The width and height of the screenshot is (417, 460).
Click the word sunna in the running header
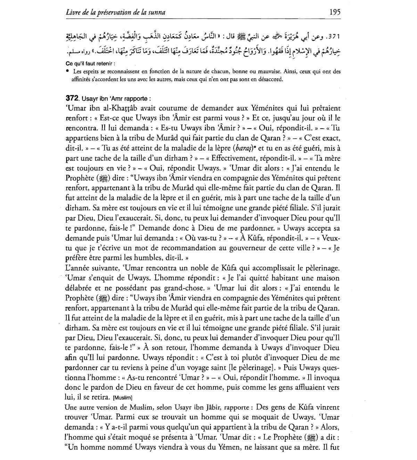click(156, 13)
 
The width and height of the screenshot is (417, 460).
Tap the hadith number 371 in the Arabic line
click(334, 36)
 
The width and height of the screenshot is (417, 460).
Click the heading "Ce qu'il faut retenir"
click(90, 64)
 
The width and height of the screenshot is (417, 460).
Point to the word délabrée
click(78, 288)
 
